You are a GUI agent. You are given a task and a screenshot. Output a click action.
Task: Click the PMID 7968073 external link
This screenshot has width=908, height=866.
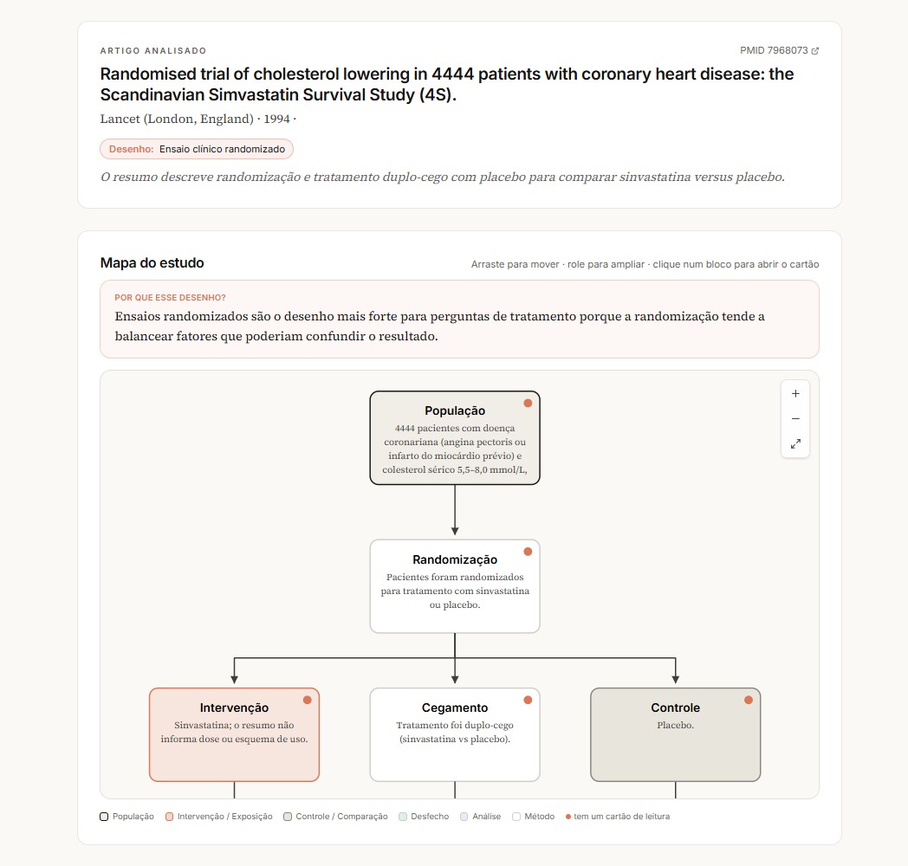pos(779,50)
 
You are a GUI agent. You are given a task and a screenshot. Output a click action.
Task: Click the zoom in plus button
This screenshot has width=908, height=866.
pos(795,394)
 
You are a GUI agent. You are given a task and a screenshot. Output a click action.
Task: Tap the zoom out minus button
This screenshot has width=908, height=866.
pos(795,418)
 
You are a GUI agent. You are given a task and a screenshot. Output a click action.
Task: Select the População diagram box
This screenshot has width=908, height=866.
pos(455,437)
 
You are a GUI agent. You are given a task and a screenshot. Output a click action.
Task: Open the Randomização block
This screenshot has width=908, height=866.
pos(455,586)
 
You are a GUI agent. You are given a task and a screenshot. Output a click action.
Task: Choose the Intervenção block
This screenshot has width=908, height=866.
pos(234,734)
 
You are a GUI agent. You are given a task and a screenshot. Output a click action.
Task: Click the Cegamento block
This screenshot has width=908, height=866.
pos(455,734)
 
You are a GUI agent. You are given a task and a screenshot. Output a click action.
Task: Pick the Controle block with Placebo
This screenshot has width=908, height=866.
pos(675,734)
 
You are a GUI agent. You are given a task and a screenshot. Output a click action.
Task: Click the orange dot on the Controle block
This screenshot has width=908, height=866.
pos(749,700)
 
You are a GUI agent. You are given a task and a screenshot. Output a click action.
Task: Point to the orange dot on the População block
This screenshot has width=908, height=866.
pos(528,403)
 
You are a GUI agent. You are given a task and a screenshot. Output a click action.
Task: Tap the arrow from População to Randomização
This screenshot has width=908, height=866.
pos(455,510)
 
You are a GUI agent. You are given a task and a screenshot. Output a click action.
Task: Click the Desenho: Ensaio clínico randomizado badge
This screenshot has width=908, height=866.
pos(197,149)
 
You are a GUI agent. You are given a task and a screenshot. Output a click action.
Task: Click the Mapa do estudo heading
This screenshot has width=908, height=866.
pos(152,262)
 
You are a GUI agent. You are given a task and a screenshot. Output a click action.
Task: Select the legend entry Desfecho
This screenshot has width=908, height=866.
pos(424,817)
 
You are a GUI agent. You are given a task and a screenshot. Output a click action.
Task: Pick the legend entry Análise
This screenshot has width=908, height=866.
pos(481,817)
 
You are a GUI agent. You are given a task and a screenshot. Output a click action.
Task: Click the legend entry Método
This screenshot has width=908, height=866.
pos(534,817)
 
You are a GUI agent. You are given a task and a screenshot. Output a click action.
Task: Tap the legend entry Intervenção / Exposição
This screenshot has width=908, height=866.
pos(219,817)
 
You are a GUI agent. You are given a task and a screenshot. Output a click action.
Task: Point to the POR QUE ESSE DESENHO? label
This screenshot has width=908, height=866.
pos(170,298)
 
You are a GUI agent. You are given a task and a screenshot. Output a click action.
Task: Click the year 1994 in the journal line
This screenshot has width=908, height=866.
pos(276,119)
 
